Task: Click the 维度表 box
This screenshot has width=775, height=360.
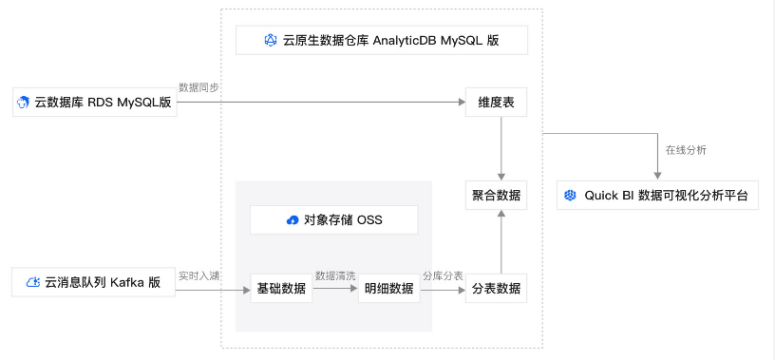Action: click(x=496, y=102)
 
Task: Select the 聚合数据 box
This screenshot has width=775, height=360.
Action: click(x=496, y=195)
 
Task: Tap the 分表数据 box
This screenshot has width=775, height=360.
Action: click(x=496, y=289)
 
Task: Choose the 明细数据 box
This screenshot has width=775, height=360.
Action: click(x=388, y=289)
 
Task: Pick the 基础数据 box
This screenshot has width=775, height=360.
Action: click(x=281, y=289)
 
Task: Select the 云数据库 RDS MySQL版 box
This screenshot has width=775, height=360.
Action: click(x=94, y=102)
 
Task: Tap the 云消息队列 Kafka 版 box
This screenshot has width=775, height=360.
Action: click(x=94, y=282)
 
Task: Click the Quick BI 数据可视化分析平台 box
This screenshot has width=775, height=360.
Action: click(x=657, y=196)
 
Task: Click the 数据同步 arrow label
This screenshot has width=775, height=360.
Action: click(x=199, y=87)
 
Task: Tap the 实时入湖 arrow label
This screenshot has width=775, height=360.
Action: click(x=199, y=275)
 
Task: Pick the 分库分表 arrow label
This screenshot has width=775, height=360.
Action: click(x=443, y=275)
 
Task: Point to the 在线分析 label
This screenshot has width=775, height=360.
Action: click(x=685, y=150)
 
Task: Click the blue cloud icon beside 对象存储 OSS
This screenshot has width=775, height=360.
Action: click(x=293, y=220)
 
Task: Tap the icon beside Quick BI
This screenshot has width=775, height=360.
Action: click(x=570, y=196)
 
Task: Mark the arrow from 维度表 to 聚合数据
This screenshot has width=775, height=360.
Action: click(x=501, y=147)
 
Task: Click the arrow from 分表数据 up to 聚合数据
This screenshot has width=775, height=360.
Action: click(x=501, y=241)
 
